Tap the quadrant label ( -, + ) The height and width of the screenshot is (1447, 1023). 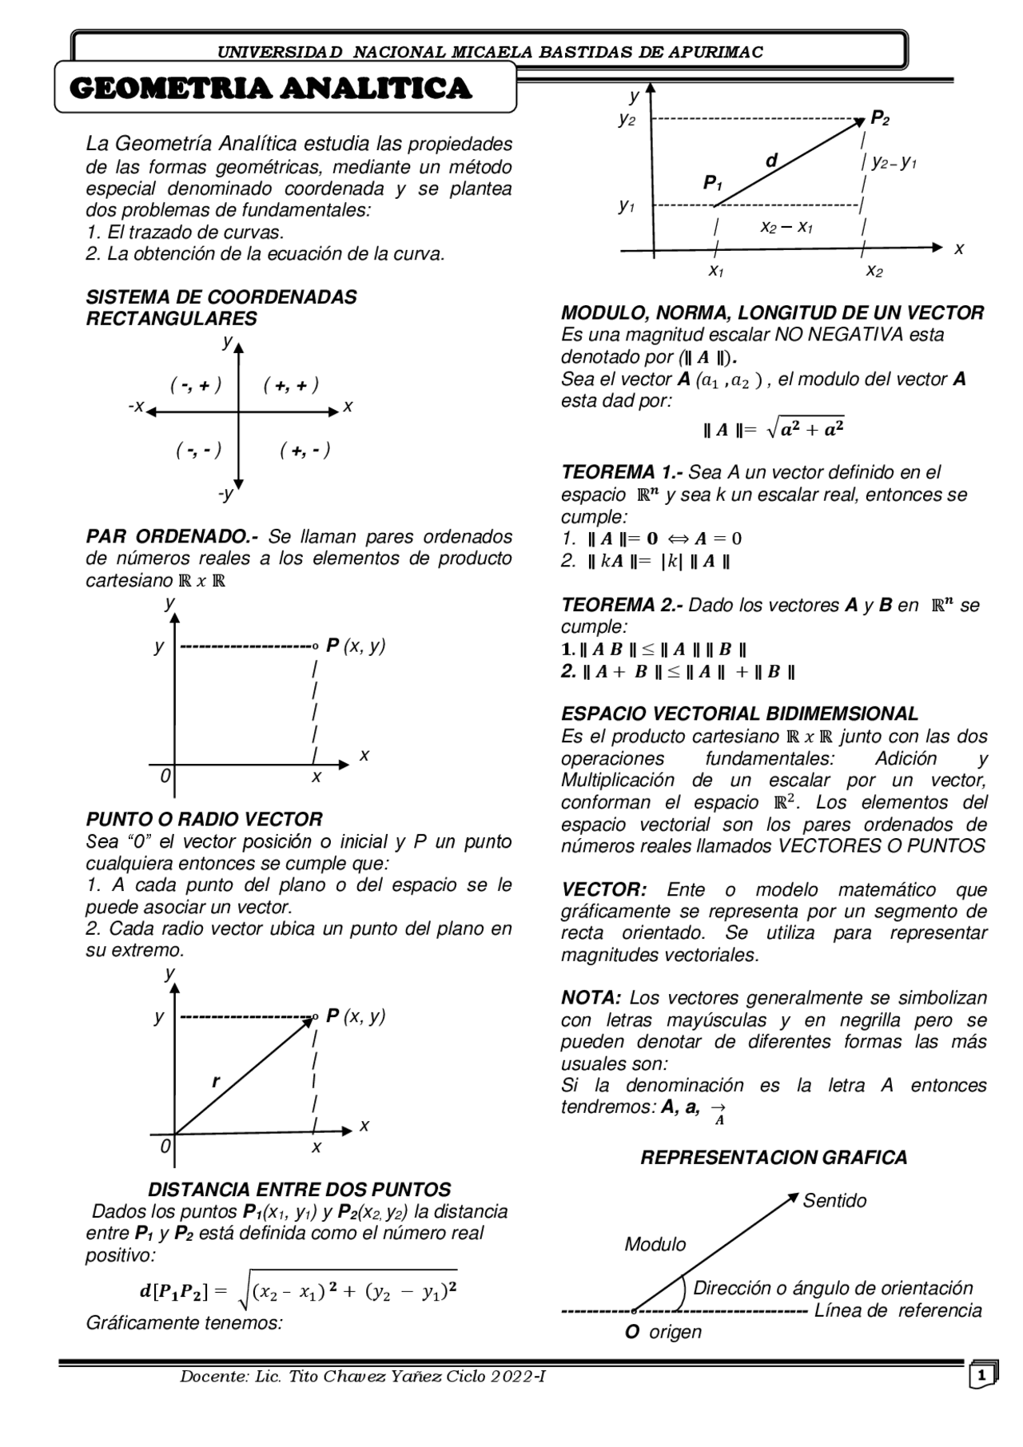[x=196, y=385]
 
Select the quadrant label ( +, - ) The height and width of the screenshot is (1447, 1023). [x=305, y=451]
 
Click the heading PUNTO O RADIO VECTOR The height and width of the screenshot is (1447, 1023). [x=204, y=819]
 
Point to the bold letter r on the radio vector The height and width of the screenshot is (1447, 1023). [x=215, y=1082]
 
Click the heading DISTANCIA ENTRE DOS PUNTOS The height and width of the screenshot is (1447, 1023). [x=300, y=1189]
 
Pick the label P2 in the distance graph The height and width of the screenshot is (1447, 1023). [x=879, y=118]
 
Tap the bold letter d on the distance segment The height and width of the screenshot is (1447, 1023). [x=771, y=161]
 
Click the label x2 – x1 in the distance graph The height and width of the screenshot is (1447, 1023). [x=786, y=228]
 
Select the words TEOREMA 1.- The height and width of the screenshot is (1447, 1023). [x=621, y=472]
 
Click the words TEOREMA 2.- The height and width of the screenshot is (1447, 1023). [x=621, y=605]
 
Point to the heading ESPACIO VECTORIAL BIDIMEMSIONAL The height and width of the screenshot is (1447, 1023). [x=739, y=714]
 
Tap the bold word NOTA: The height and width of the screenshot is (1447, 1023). [x=591, y=998]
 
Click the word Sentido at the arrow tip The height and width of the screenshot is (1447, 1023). [x=834, y=1201]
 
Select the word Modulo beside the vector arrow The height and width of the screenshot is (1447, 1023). [x=655, y=1244]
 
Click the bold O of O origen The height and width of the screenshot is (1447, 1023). [x=631, y=1332]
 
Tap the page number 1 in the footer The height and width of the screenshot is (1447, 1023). [x=981, y=1376]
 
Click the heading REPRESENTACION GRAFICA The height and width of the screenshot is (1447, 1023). [x=774, y=1158]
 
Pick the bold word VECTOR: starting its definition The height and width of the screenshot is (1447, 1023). [x=603, y=889]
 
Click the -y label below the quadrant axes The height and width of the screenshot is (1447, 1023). [x=226, y=494]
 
